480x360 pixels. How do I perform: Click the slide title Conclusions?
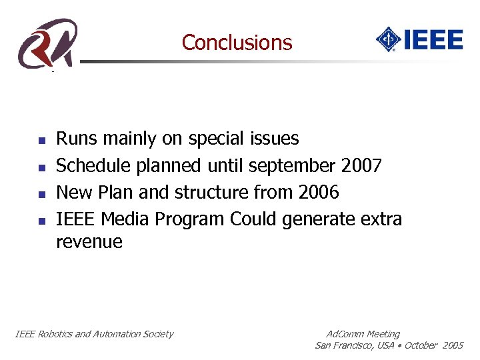(237, 43)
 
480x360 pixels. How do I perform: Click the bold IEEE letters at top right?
(433, 39)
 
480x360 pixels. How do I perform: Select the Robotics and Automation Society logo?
(47, 43)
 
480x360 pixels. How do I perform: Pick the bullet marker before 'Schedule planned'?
(41, 167)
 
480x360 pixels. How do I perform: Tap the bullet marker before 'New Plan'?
(41, 194)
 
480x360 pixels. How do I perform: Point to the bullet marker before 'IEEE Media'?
(41, 220)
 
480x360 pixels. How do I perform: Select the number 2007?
(360, 165)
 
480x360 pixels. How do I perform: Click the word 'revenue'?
(89, 242)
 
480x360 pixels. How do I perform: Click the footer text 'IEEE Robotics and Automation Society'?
(94, 334)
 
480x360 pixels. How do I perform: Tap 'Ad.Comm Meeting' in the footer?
(363, 334)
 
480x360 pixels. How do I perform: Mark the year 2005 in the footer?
(452, 345)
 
